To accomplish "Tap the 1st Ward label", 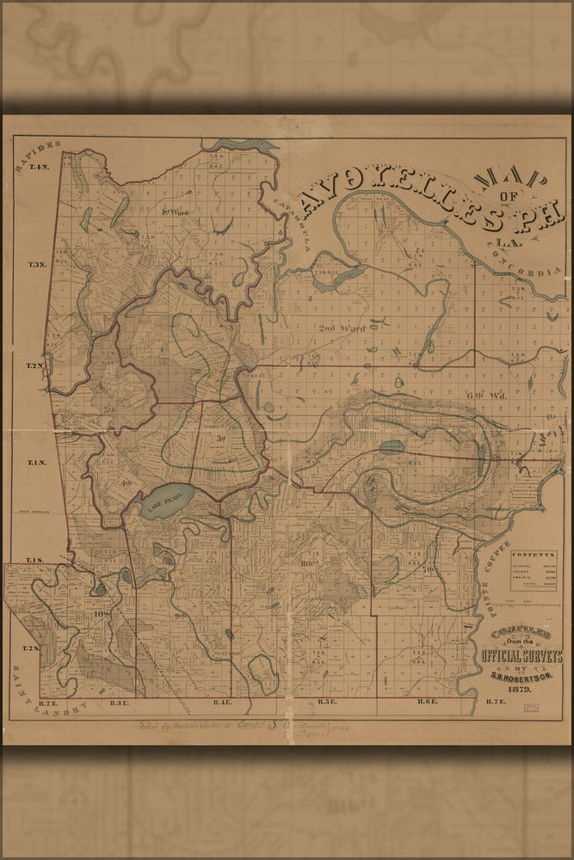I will pyautogui.click(x=175, y=212).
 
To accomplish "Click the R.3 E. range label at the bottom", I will pyautogui.click(x=120, y=703).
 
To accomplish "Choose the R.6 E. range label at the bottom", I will pyautogui.click(x=429, y=703).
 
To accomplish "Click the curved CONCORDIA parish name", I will pyautogui.click(x=533, y=259).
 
